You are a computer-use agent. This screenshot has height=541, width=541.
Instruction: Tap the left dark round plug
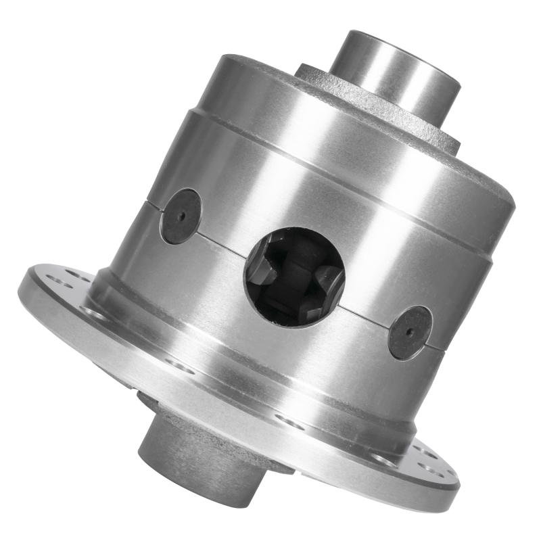coord(180,216)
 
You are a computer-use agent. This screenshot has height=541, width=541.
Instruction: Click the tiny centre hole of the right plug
coord(410,333)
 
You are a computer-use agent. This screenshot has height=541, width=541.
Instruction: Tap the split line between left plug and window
coord(223,241)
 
